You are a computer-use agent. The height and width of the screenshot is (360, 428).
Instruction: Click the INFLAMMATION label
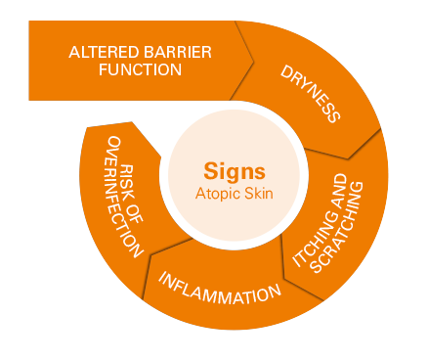[220, 292]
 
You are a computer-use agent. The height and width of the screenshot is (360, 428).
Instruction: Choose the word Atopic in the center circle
[216, 193]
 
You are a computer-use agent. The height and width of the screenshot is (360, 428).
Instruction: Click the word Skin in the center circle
[259, 193]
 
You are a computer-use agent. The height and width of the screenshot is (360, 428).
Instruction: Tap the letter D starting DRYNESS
[286, 72]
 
